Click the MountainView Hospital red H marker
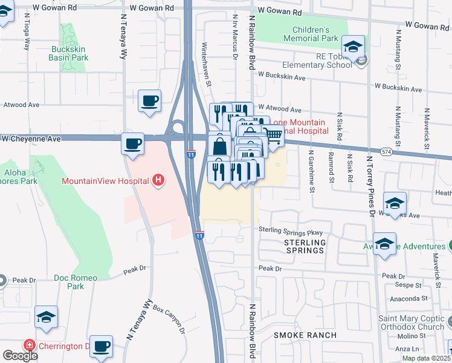tap(158, 180)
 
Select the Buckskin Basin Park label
tap(69, 53)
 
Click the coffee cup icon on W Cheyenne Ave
tap(132, 144)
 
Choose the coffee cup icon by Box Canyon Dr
tap(102, 346)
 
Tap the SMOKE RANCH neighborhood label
tap(304, 335)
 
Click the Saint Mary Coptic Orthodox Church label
tap(412, 322)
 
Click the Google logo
tap(20, 356)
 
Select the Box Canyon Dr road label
tap(168, 320)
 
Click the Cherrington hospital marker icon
tap(28, 346)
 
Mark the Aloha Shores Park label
tap(15, 177)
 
